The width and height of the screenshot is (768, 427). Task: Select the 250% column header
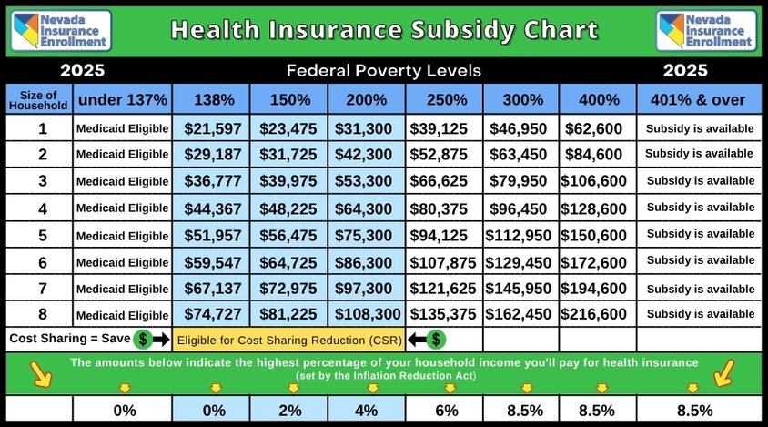click(444, 99)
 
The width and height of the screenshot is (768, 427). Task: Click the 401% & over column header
click(699, 99)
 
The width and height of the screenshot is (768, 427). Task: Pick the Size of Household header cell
click(37, 99)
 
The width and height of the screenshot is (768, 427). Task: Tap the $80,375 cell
click(444, 208)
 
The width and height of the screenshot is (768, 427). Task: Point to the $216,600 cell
click(596, 314)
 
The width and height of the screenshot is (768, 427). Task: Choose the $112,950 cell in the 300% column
click(520, 235)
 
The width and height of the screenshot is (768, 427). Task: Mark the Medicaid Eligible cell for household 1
click(123, 128)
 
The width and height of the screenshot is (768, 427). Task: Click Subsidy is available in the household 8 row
click(699, 314)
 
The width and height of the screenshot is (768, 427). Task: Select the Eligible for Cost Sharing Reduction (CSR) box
click(288, 341)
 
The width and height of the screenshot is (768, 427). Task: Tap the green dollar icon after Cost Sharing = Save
click(143, 340)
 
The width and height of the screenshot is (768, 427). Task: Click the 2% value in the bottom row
click(290, 410)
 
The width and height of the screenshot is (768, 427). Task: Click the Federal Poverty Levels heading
click(383, 70)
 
